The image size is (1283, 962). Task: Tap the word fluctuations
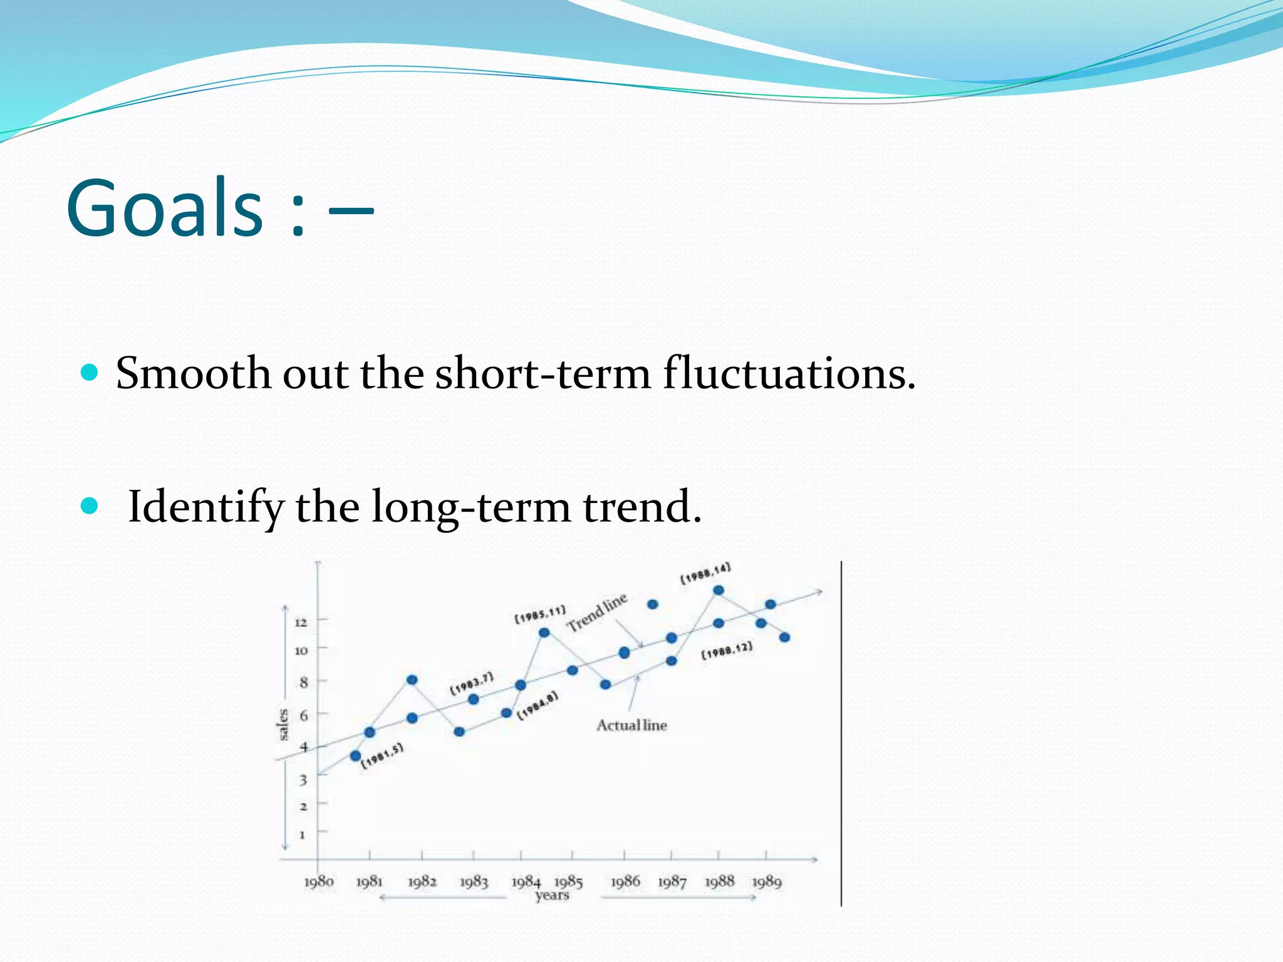coord(789,374)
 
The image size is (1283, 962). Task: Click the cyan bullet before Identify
coord(90,505)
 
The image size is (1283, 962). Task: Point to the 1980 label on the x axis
coord(319,882)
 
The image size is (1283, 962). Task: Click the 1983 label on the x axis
coord(474,882)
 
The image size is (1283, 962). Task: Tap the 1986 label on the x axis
coord(625,882)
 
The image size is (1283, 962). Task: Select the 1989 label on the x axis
coord(767,882)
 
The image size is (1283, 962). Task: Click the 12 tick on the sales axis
coord(301,623)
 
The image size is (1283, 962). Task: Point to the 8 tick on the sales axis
coord(303,683)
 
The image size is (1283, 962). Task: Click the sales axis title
coord(283,725)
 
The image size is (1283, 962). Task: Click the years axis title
coord(552,896)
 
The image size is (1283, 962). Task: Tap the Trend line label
coord(596,612)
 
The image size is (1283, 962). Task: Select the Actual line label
coord(631,725)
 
